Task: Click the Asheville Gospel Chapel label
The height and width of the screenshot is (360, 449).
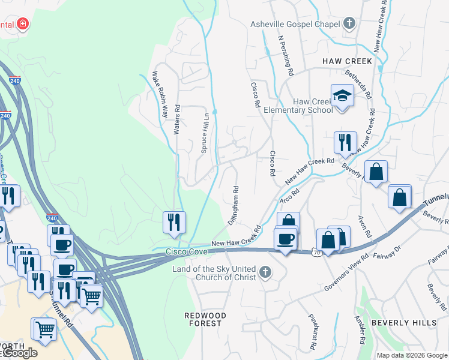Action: coord(295,24)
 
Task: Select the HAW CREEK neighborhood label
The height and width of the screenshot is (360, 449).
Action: coord(347,61)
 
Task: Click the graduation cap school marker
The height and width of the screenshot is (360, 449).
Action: coord(342,95)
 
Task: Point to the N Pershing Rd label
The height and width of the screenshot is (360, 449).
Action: coord(285,54)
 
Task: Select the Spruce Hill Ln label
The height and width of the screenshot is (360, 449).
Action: coord(205,131)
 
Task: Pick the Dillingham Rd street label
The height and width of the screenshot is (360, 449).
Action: coord(234,205)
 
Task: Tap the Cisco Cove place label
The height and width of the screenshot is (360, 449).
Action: coord(186,254)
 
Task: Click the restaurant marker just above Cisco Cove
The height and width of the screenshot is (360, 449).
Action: coord(174,221)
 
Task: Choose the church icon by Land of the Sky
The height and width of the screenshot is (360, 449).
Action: coord(264,274)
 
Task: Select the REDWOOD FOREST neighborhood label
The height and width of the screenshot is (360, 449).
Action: coord(205,319)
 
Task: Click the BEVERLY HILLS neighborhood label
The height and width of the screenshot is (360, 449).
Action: coord(404,323)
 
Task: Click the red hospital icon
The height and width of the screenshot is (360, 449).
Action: coord(23,24)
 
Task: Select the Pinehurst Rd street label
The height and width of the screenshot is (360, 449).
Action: coord(313,332)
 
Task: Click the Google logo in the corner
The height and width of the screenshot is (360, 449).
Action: coord(19,353)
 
